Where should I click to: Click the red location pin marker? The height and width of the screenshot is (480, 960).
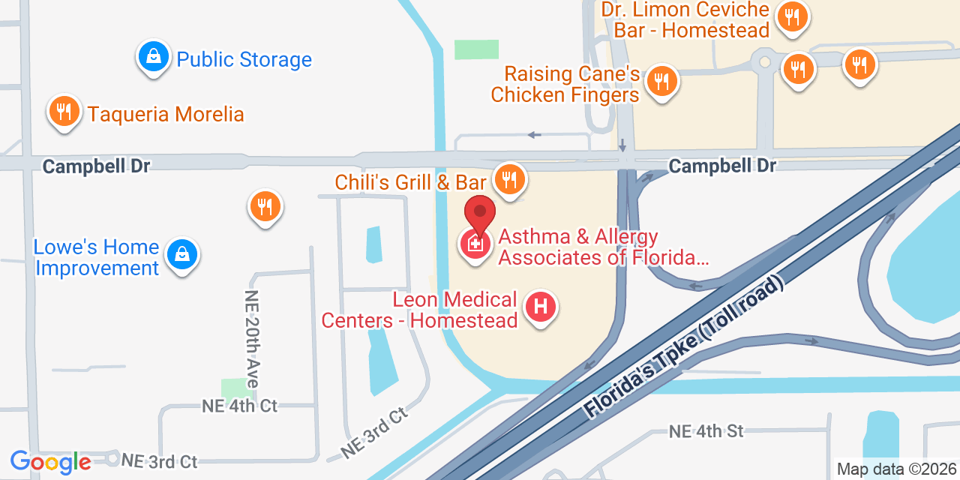480,214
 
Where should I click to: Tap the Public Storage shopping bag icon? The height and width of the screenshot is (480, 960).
154,56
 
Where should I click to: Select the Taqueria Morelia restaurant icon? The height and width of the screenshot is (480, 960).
64,112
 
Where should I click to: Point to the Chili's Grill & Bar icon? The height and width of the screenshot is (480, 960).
510,179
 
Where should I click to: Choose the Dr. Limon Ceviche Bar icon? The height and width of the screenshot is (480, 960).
791,16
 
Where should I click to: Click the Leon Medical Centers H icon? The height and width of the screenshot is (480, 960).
540,307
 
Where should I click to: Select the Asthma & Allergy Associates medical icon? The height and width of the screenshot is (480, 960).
475,244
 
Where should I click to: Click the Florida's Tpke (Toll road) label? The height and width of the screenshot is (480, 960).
684,346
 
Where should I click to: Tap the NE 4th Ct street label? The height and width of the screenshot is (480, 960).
239,406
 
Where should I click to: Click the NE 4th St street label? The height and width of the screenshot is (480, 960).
706,431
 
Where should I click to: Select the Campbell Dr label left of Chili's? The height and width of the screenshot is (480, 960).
96,166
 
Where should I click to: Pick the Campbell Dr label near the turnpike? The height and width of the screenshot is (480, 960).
722,165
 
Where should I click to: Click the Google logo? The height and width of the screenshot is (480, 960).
50,462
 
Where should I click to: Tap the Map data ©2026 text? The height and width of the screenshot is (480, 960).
897,469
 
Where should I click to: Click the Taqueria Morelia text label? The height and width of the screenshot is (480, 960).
166,114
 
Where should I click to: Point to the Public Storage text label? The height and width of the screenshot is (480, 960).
244,59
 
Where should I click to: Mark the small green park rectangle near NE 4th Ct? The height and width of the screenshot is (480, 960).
236,388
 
